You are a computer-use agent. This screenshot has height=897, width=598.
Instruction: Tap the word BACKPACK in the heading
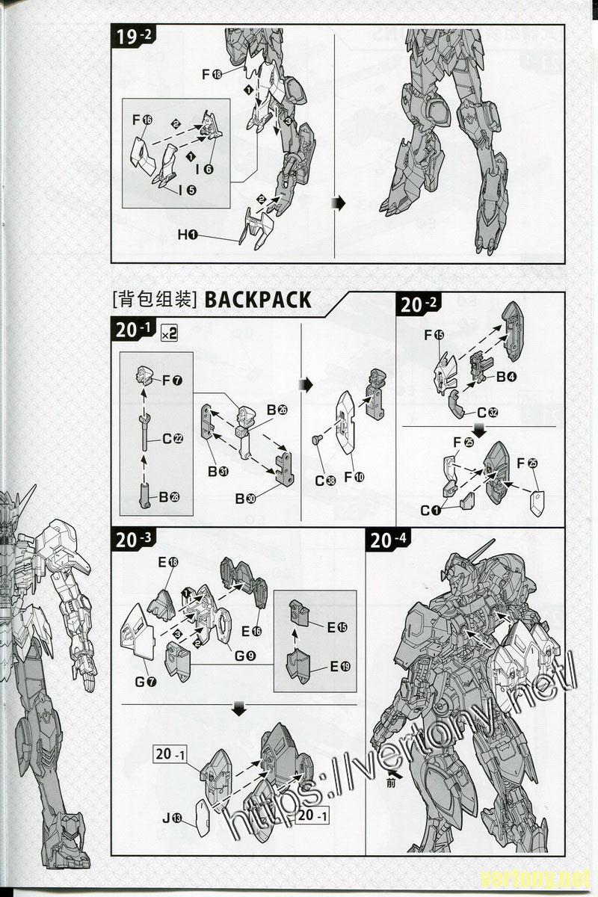tap(257, 300)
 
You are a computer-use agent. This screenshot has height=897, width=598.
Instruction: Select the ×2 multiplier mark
tap(169, 334)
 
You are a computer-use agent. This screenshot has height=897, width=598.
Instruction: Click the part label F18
tap(211, 74)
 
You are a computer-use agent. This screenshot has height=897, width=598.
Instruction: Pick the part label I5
tap(188, 190)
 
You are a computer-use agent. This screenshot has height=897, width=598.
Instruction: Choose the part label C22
tap(173, 439)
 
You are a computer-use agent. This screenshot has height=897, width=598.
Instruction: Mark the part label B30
tap(246, 499)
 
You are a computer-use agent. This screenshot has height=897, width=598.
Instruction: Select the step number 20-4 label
tap(389, 540)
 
